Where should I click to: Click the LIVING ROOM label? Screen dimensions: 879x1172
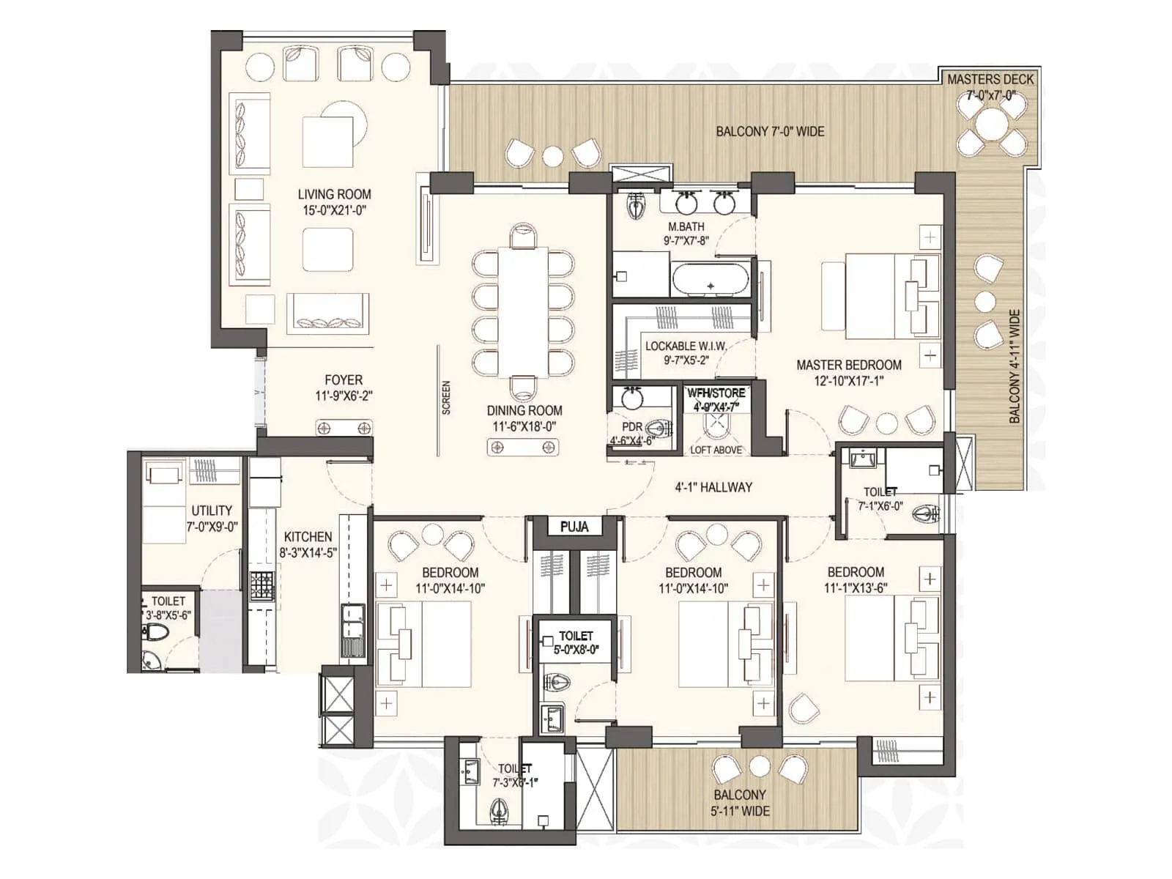[334, 194]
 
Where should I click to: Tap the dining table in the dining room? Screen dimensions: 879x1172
[523, 312]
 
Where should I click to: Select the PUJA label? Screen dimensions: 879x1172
[574, 527]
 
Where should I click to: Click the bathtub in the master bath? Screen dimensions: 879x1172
[710, 280]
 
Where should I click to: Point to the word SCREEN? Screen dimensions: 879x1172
[446, 398]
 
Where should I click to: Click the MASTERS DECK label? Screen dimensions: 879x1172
[990, 79]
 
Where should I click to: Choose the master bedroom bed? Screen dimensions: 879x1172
[879, 296]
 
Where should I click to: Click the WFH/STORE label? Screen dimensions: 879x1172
[716, 393]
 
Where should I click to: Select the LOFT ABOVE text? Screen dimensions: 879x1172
[716, 450]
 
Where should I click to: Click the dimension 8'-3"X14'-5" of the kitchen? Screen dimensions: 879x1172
[308, 553]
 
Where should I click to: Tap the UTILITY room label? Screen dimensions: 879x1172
[212, 511]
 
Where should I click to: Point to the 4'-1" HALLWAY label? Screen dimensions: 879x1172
[713, 487]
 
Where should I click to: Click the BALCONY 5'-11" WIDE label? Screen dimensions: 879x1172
[740, 803]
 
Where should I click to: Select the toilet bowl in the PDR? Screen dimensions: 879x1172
[659, 429]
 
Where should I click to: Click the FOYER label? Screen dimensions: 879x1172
[344, 380]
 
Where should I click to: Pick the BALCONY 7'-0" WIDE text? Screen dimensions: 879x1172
[770, 132]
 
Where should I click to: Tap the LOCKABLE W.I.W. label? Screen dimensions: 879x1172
[686, 346]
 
